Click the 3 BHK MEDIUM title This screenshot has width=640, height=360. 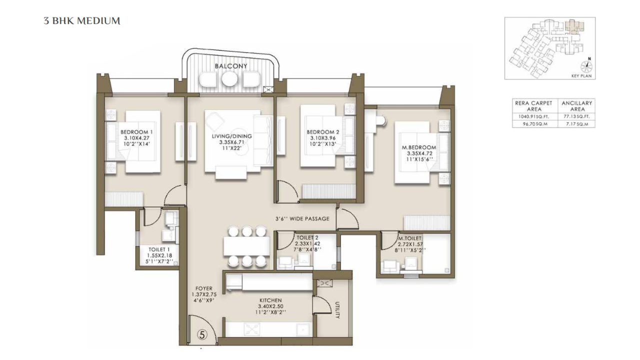[x=82, y=21]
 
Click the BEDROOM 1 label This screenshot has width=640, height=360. [x=136, y=131]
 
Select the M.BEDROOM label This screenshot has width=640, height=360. [x=419, y=147]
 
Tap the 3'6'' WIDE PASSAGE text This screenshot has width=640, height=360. [x=302, y=218]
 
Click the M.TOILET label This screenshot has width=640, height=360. [x=410, y=238]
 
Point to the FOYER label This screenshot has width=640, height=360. [x=204, y=288]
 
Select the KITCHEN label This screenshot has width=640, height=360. [x=270, y=300]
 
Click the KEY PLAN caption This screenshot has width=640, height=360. [x=581, y=76]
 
